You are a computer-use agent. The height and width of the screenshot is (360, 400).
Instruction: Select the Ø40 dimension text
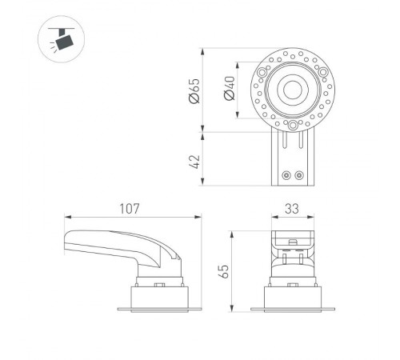click(230, 88)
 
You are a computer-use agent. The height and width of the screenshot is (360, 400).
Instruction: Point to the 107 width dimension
click(131, 208)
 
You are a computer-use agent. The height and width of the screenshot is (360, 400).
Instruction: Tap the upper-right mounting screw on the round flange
click(323, 70)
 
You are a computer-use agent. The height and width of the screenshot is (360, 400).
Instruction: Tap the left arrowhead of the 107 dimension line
click(66, 217)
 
